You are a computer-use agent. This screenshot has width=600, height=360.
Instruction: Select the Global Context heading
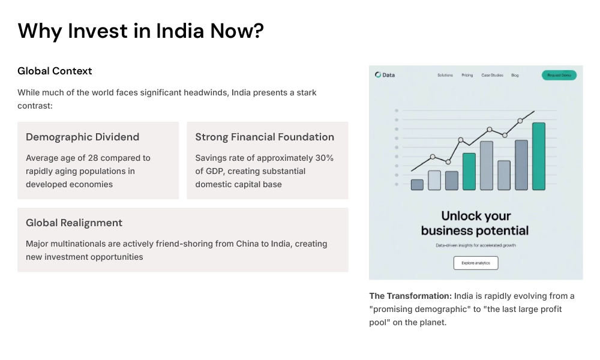tap(55, 71)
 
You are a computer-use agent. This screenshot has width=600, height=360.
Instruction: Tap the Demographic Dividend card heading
tap(82, 137)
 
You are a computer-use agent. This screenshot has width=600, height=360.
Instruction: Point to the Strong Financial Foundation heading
tap(265, 137)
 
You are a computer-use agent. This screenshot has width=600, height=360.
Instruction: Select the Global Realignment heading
tap(74, 223)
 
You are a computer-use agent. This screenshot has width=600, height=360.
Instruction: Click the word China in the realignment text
tap(242, 244)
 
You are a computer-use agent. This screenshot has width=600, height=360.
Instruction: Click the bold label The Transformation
tap(410, 296)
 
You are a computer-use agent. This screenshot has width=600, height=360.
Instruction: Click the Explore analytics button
tap(476, 263)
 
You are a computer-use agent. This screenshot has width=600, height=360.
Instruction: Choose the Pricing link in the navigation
tap(467, 75)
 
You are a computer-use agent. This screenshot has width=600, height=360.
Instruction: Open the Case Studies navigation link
tap(492, 75)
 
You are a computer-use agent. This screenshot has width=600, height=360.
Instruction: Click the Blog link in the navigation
tap(515, 75)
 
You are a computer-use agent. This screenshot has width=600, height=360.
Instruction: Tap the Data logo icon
tap(378, 75)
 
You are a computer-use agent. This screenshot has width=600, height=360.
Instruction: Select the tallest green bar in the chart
tap(539, 156)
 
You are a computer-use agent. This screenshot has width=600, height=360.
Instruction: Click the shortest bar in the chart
tap(417, 184)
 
